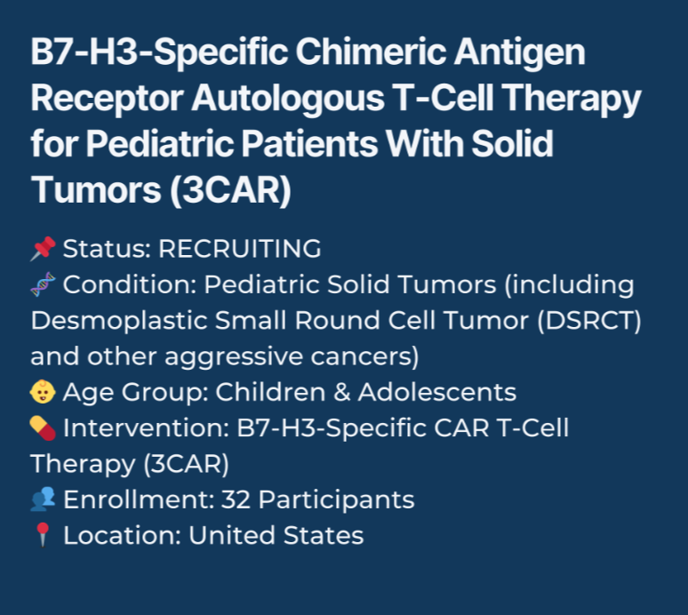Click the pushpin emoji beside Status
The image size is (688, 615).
click(x=43, y=249)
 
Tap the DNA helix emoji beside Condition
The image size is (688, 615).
click(x=43, y=284)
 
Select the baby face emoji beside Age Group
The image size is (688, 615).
click(x=43, y=392)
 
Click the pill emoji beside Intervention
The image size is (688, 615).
click(x=43, y=427)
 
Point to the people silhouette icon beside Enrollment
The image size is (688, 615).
click(x=43, y=499)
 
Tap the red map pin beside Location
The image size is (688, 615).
click(x=43, y=535)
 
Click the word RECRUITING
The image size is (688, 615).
click(x=240, y=249)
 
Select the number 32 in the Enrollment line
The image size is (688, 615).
click(x=236, y=499)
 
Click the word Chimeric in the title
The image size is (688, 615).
click(x=371, y=52)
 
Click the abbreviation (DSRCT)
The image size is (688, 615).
click(x=589, y=321)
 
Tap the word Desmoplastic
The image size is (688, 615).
click(x=118, y=321)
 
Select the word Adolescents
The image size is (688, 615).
click(x=437, y=392)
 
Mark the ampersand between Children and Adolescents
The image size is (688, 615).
click(x=342, y=392)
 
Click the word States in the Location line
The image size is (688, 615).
click(x=324, y=536)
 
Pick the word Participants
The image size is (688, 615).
click(x=336, y=500)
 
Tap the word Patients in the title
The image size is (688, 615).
click(x=309, y=144)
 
